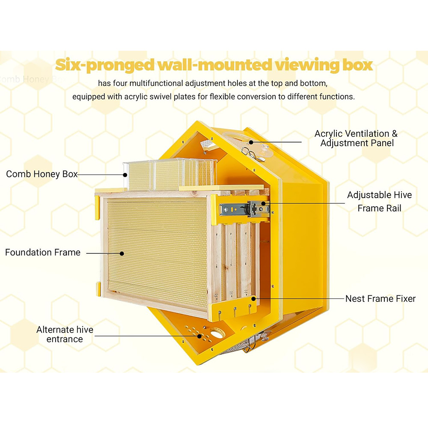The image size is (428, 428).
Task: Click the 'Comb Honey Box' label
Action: [42, 174]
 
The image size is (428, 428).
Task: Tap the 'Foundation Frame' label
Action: [43, 253]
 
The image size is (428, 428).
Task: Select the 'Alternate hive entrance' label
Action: [65, 334]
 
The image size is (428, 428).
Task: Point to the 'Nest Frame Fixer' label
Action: [380, 298]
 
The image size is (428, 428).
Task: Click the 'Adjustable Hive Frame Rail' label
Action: [379, 202]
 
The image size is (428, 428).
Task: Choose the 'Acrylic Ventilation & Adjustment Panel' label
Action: [356, 138]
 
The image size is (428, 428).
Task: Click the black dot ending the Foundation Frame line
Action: [122, 253]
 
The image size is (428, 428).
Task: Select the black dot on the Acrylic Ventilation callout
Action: [251, 142]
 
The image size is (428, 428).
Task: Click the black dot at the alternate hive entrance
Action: [199, 336]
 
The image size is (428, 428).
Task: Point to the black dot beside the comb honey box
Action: [125, 174]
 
